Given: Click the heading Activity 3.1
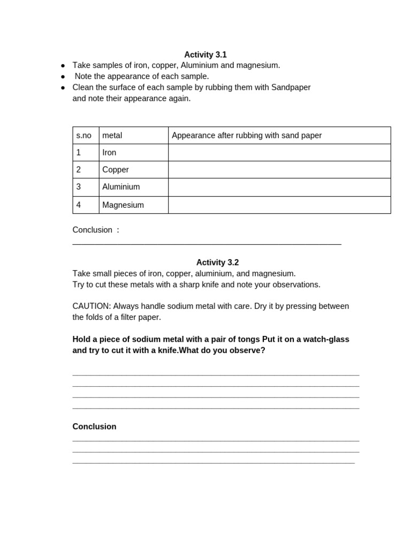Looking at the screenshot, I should coord(205,54).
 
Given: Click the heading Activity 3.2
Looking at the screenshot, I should coord(217,262).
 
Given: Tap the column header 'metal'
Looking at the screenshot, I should coord(112,136).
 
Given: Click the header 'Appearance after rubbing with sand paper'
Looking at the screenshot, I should coord(247,136).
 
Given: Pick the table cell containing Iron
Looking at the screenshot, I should coord(109,153).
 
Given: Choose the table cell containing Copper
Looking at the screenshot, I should coord(116,170).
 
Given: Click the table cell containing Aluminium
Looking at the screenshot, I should coord(121,187).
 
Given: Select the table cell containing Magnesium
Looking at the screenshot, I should coord(123,205).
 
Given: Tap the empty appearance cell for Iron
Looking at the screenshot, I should coord(279,153).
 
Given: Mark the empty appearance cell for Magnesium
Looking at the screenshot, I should coord(279,205).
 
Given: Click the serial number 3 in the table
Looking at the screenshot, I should coord(79,187).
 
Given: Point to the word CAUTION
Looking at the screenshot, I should coord(92,306).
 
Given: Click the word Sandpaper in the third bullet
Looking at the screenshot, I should coord(291,87).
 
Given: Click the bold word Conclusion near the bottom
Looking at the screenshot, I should coord(94,427).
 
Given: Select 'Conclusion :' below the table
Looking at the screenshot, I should coord(96,230).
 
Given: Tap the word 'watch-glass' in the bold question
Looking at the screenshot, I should coord(327,339).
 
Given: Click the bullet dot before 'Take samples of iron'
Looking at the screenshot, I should coord(63,66).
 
